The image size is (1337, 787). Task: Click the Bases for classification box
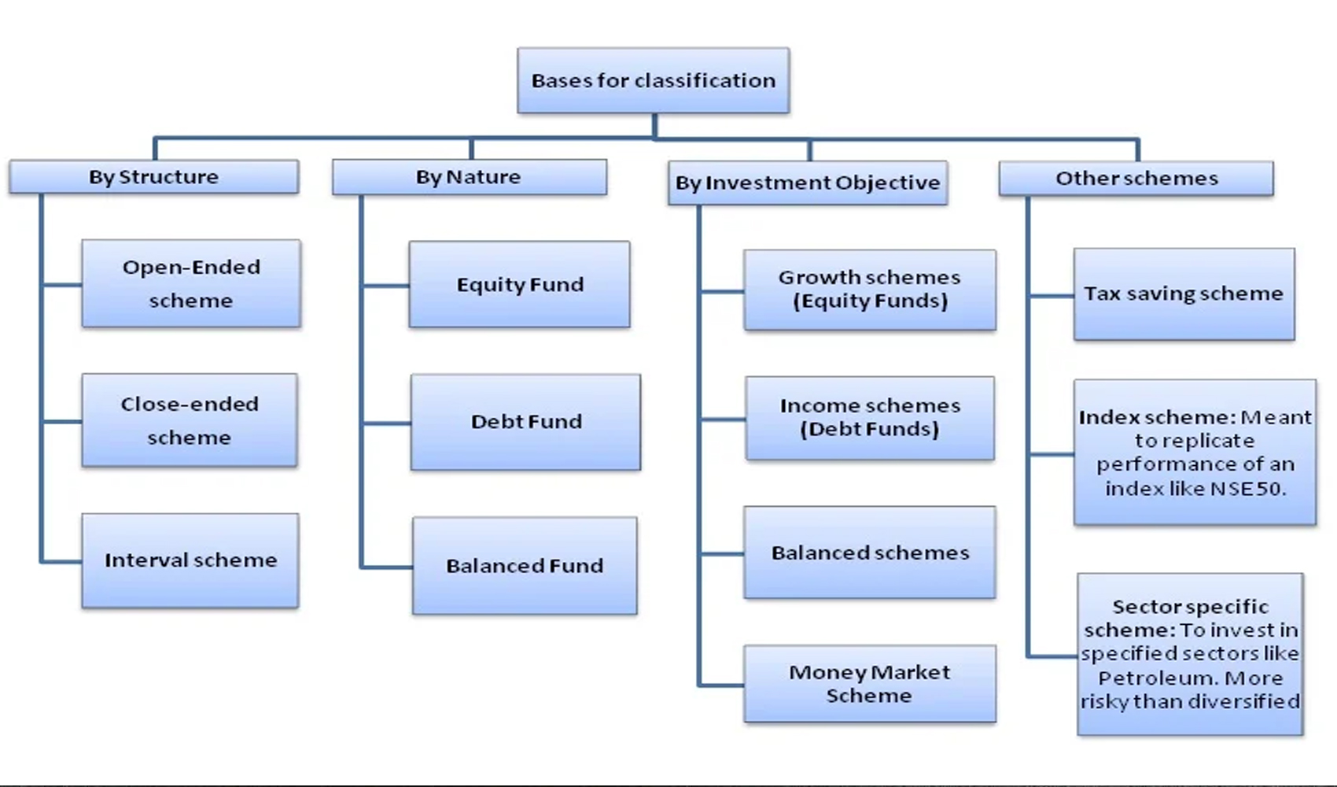[654, 80]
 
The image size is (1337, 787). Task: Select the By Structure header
[154, 177]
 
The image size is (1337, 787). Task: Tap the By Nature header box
[470, 177]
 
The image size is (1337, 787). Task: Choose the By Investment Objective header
[808, 183]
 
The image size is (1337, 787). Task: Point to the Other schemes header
[1136, 179]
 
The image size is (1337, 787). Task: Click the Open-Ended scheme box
[191, 283]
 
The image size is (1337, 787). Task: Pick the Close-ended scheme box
[190, 420]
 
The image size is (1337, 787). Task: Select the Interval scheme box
[190, 560]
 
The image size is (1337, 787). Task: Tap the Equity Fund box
[519, 284]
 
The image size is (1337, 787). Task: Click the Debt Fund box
[525, 422]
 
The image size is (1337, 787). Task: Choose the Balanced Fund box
[525, 566]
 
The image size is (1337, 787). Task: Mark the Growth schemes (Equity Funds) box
[870, 290]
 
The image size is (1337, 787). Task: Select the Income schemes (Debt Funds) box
[870, 418]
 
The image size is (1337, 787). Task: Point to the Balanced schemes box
[870, 552]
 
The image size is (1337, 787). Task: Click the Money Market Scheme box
[870, 684]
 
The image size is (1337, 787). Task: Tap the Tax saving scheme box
[1184, 294]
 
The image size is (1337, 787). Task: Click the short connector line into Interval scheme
[61, 561]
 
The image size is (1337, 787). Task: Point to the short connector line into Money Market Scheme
[721, 685]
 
